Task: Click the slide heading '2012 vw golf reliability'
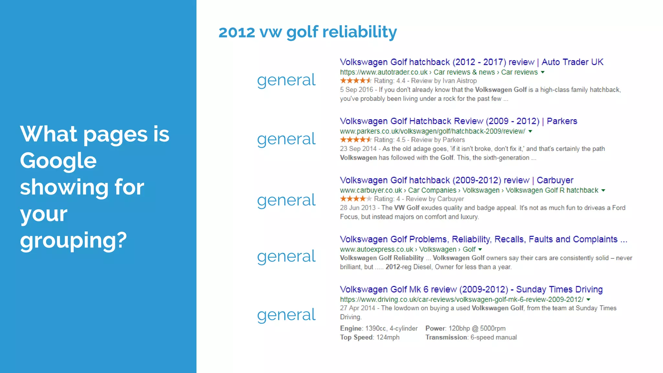pos(308,32)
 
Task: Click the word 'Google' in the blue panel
pos(58,161)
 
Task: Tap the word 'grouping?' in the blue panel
pos(73,240)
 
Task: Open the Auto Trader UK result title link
pos(471,62)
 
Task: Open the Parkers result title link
pos(458,121)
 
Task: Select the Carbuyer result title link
pos(456,180)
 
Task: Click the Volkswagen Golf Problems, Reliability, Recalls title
pos(483,239)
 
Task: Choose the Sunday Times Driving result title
pos(471,289)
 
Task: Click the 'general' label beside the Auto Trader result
pos(286,80)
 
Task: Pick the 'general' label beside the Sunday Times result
pos(286,315)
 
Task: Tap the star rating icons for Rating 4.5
pos(355,140)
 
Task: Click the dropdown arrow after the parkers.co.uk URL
pos(530,131)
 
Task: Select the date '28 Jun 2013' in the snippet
pos(357,208)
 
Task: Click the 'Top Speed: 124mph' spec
pos(369,337)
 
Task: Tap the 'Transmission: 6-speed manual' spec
pos(471,337)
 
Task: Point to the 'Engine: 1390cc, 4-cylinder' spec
pos(378,328)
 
